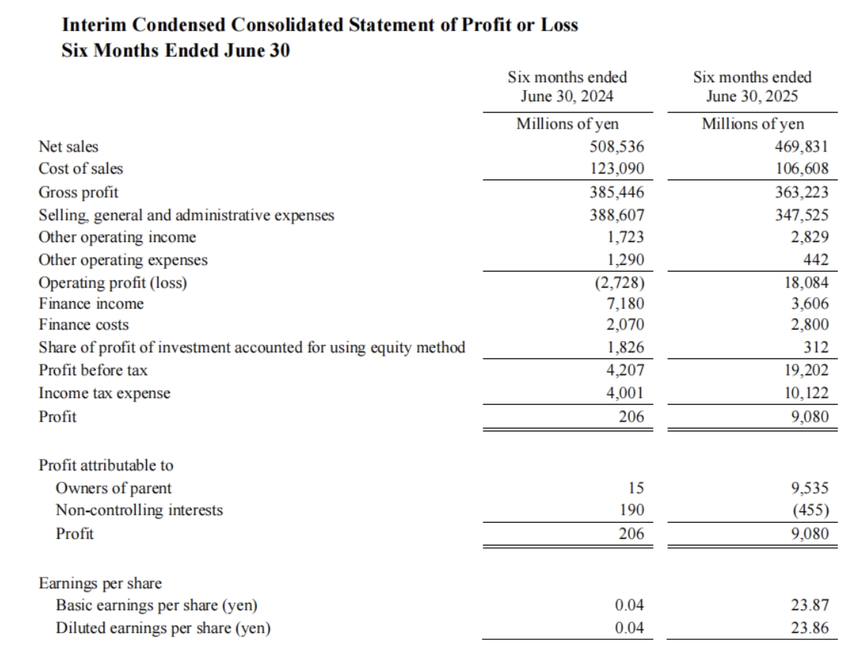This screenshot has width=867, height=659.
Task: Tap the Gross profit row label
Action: pyautogui.click(x=78, y=193)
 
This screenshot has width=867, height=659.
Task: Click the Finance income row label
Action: pyautogui.click(x=91, y=304)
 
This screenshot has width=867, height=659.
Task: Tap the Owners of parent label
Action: pyautogui.click(x=113, y=488)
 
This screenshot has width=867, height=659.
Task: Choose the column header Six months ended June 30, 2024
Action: pyautogui.click(x=567, y=87)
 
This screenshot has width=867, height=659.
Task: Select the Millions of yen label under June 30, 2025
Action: pyautogui.click(x=752, y=124)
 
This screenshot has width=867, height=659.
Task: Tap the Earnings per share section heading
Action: pyautogui.click(x=100, y=584)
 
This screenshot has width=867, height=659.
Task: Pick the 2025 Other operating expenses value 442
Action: pyautogui.click(x=816, y=260)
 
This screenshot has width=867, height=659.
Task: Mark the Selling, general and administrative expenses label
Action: pyautogui.click(x=186, y=215)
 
